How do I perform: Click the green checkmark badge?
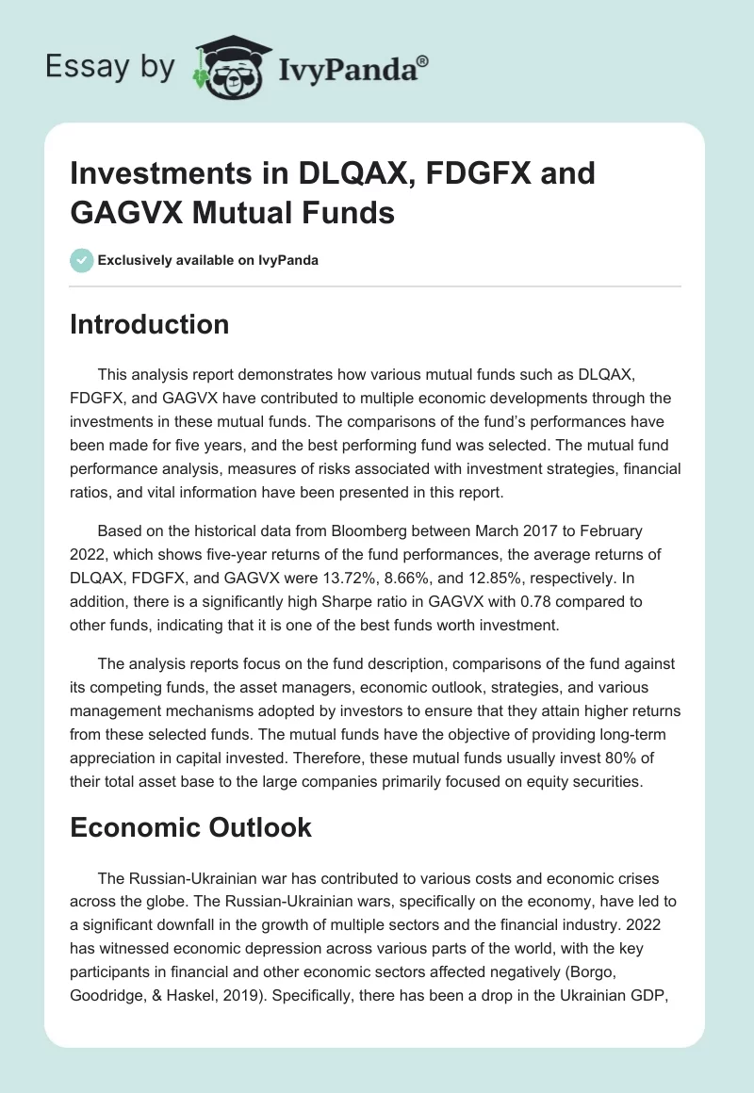pyautogui.click(x=82, y=260)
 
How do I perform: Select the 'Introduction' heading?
pyautogui.click(x=150, y=324)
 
